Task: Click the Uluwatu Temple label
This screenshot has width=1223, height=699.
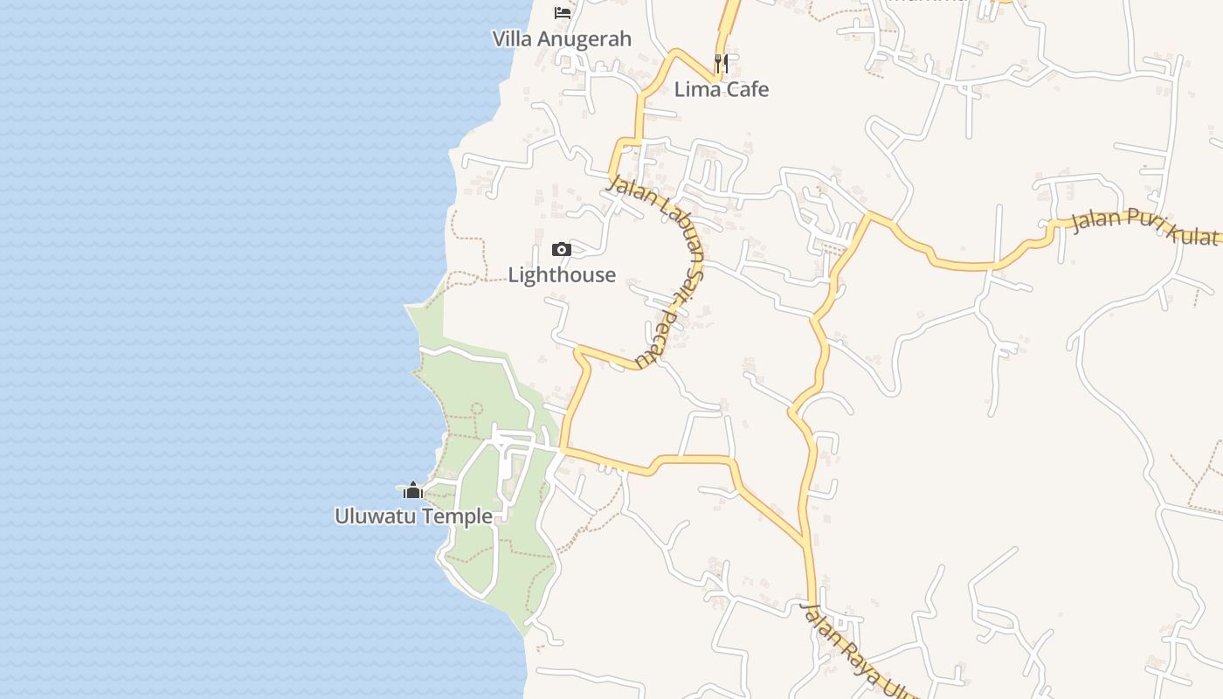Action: pyautogui.click(x=413, y=516)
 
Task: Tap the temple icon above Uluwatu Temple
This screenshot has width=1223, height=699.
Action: pyautogui.click(x=413, y=490)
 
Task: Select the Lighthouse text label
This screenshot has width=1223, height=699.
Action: pyautogui.click(x=562, y=275)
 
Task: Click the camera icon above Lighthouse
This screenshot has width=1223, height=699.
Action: pyautogui.click(x=562, y=250)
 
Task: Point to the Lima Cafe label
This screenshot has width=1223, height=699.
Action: pyautogui.click(x=722, y=89)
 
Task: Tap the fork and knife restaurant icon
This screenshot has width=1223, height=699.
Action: pyautogui.click(x=722, y=63)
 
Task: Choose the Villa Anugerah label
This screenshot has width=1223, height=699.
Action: pyautogui.click(x=562, y=39)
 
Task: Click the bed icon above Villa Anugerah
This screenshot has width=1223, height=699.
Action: pyautogui.click(x=563, y=13)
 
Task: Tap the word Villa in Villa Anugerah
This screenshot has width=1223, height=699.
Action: pyautogui.click(x=513, y=39)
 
